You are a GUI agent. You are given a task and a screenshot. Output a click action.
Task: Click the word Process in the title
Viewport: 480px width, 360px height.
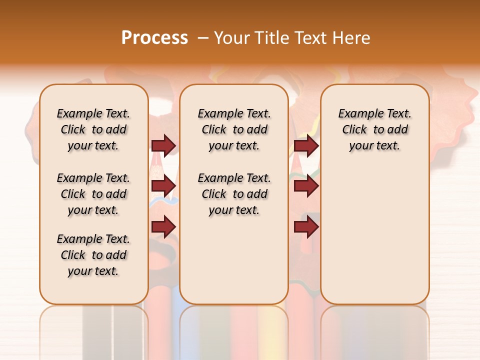[x=154, y=38]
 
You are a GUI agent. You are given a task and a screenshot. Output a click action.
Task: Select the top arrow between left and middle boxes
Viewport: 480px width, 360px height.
[x=163, y=145]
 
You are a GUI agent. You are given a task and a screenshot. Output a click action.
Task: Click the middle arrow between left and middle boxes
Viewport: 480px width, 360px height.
[x=163, y=186]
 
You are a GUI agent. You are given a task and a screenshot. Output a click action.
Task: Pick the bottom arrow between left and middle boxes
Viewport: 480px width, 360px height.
[x=163, y=227]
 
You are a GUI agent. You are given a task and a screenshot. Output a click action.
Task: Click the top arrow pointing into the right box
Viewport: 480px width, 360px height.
[x=306, y=145]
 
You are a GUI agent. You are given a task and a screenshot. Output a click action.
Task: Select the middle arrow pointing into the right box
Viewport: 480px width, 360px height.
[x=306, y=186]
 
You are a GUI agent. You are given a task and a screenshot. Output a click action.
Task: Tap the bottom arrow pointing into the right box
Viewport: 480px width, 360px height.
[x=306, y=227]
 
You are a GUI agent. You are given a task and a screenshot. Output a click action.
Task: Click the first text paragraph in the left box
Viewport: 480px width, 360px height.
[x=93, y=129]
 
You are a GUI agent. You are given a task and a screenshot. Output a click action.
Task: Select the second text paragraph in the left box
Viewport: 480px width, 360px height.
[x=93, y=194]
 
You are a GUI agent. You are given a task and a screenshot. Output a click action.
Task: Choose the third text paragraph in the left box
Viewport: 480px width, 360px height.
[x=93, y=255]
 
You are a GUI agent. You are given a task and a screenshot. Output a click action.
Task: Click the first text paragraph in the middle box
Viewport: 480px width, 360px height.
[x=234, y=129]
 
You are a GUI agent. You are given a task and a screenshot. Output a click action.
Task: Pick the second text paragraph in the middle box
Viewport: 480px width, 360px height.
[x=234, y=194]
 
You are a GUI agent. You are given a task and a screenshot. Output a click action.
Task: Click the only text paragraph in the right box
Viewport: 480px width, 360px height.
[x=374, y=129]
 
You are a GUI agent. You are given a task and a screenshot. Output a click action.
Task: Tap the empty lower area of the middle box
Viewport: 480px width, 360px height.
[x=234, y=260]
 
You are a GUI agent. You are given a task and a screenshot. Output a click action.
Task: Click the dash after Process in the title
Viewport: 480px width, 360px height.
[x=203, y=38]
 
